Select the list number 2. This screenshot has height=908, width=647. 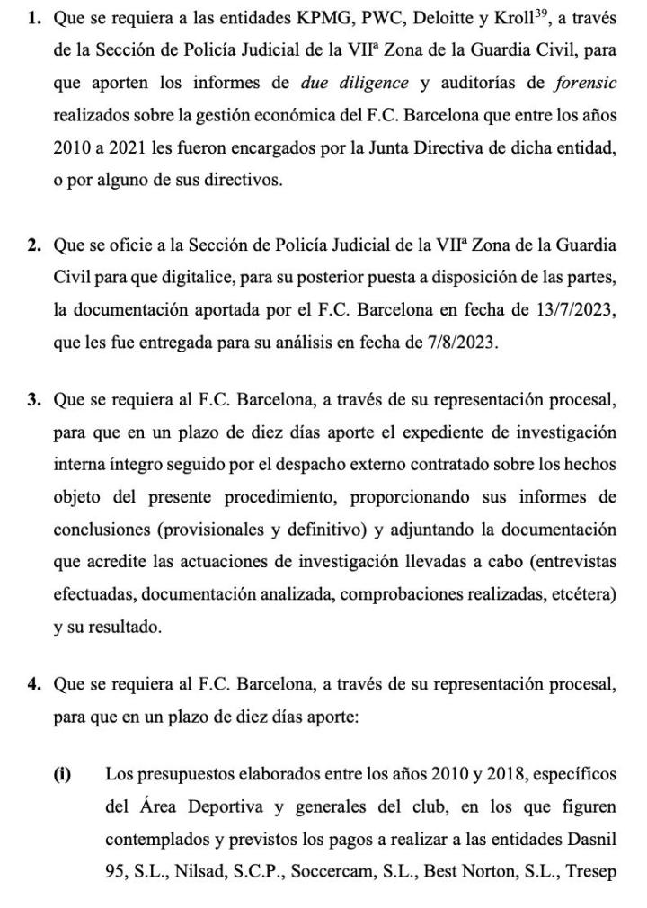[x=33, y=245]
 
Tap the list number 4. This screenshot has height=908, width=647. [x=33, y=684]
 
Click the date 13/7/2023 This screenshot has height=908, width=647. [x=572, y=310]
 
